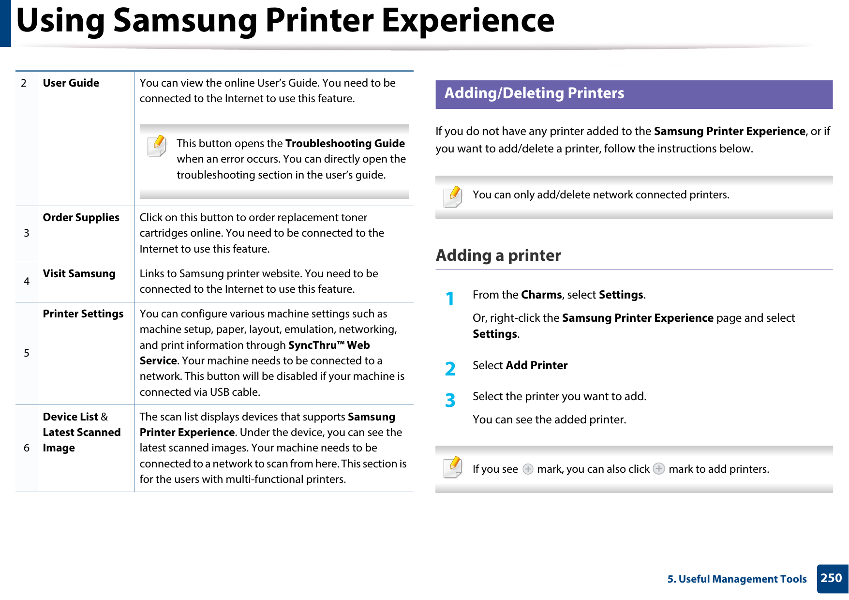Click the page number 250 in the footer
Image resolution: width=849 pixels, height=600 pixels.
(x=831, y=578)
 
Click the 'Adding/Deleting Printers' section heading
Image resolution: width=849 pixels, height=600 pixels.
(x=534, y=93)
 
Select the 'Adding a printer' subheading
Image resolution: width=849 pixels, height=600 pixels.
(x=498, y=255)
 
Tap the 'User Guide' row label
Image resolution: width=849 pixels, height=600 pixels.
(x=71, y=83)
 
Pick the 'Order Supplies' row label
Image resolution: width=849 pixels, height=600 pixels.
(x=81, y=218)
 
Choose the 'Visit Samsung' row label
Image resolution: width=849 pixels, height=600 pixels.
(x=79, y=274)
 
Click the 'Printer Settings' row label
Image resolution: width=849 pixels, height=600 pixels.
(x=83, y=314)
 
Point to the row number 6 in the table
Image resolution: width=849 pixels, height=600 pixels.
(x=27, y=448)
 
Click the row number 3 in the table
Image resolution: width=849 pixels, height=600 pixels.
(x=27, y=233)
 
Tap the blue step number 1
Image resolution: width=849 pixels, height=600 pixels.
(x=450, y=299)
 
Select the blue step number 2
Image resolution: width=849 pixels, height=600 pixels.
(x=450, y=369)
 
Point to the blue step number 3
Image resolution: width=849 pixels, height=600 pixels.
(x=450, y=400)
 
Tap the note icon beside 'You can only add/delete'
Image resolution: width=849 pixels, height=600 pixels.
(x=453, y=197)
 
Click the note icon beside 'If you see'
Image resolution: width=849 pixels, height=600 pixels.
(x=453, y=467)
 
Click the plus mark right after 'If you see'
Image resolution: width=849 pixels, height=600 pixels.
(x=528, y=469)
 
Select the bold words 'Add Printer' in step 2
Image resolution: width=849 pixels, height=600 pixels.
(x=536, y=365)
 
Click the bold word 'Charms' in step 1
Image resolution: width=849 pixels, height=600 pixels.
(x=541, y=295)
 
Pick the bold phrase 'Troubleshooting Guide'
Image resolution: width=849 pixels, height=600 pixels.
(x=345, y=144)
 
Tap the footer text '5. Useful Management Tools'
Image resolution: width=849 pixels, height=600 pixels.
(x=737, y=579)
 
